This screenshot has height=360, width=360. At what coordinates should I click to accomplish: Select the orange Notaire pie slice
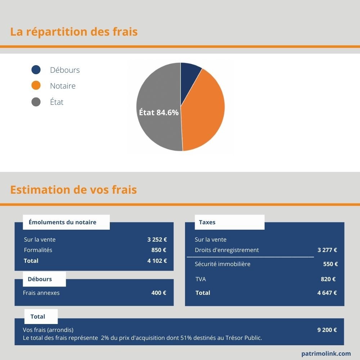[205, 112]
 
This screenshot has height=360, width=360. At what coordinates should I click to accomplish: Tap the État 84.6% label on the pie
[159, 112]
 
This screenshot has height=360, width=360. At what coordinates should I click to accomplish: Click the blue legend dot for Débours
[36, 70]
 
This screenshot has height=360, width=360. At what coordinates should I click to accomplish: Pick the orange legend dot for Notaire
[36, 86]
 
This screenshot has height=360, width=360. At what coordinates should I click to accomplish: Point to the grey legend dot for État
[36, 102]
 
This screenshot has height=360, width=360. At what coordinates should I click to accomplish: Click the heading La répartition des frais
[74, 32]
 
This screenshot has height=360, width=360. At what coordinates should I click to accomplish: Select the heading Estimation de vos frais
[73, 190]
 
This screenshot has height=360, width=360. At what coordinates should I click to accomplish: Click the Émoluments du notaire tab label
[62, 222]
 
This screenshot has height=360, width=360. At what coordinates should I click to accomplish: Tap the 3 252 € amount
[157, 239]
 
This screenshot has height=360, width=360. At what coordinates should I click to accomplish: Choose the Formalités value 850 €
[159, 250]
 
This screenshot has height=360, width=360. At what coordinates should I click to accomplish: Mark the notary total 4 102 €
[157, 261]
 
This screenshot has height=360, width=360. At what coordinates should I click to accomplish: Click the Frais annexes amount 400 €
[159, 293]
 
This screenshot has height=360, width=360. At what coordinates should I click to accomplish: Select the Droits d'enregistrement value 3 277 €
[327, 250]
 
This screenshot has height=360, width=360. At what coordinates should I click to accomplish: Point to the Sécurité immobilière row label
[222, 264]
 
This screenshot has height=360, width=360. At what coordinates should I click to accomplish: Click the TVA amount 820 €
[328, 279]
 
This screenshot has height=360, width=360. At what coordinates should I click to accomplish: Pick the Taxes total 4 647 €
[327, 293]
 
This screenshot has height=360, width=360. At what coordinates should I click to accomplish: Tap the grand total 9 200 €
[327, 330]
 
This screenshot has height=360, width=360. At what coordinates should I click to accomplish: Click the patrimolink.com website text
[326, 354]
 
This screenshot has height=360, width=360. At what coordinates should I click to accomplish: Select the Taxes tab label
[207, 222]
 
